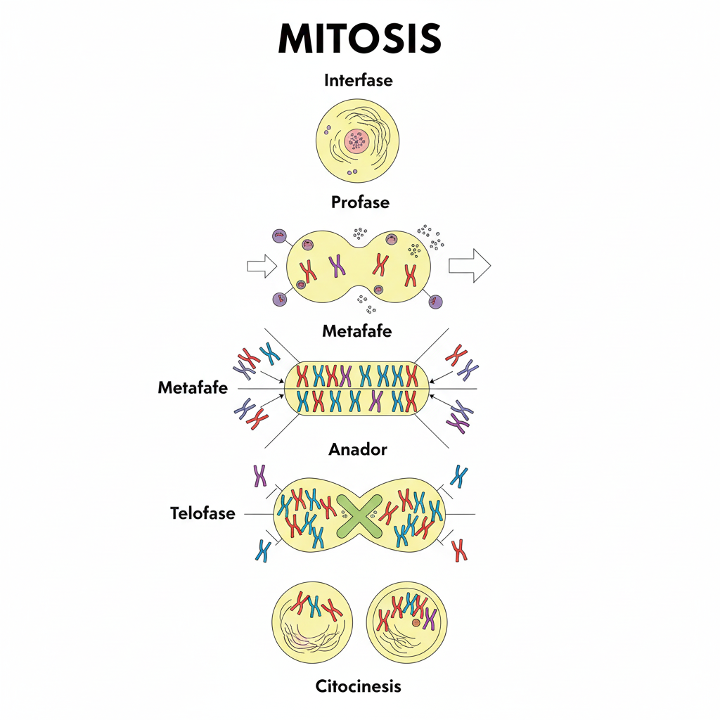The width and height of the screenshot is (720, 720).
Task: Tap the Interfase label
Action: click(x=359, y=80)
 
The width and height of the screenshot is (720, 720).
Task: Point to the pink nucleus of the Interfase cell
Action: click(x=358, y=141)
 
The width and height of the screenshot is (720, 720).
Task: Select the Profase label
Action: click(x=360, y=202)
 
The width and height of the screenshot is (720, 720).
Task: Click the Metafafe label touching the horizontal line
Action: click(x=193, y=387)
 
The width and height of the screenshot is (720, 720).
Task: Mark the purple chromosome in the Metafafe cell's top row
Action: click(x=345, y=375)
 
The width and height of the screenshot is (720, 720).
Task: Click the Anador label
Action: click(x=358, y=449)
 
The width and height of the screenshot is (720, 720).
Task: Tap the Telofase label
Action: click(x=202, y=513)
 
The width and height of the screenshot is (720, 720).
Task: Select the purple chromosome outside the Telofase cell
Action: click(x=260, y=476)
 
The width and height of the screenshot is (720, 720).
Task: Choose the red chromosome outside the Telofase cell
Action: click(x=460, y=550)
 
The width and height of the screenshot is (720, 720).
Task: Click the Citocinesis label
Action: click(x=359, y=686)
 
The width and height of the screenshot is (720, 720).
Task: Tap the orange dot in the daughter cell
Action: click(x=416, y=622)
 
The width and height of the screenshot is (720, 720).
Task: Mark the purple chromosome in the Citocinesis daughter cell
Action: click(x=430, y=618)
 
